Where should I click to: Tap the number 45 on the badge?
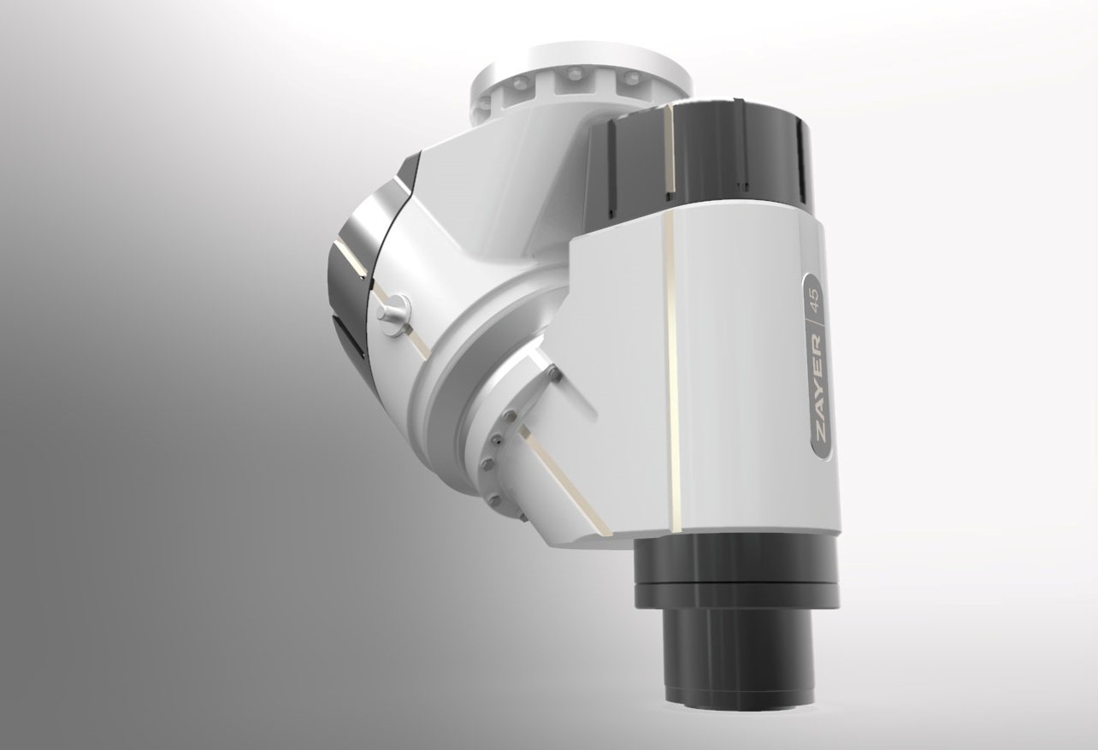point(817,299)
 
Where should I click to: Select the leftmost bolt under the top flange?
point(486,102)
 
